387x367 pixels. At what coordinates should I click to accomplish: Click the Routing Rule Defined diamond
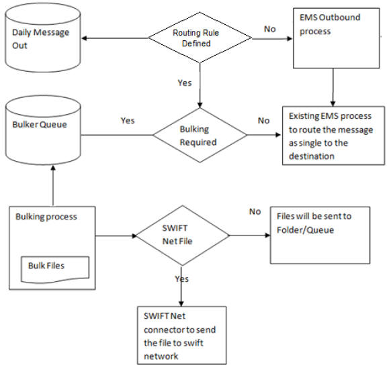click(200, 38)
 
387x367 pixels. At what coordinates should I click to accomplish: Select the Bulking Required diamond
click(200, 135)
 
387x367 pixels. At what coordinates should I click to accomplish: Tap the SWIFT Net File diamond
click(183, 235)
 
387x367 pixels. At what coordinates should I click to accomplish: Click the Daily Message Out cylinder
click(43, 38)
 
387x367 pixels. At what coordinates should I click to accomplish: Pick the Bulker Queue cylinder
click(43, 130)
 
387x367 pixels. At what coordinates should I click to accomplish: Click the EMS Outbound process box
click(336, 38)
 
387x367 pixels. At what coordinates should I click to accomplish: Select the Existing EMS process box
click(333, 136)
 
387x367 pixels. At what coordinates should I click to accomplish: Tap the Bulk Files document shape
click(55, 270)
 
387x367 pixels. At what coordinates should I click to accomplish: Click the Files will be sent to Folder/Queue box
click(320, 235)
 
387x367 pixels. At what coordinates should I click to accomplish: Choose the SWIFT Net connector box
click(182, 335)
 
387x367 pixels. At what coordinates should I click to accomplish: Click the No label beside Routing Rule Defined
click(270, 29)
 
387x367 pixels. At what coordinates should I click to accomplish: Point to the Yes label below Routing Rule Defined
click(185, 83)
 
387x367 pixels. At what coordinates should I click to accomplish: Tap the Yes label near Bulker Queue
click(128, 121)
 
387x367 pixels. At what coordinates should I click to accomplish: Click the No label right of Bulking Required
click(263, 121)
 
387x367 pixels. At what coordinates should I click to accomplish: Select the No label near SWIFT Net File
click(255, 211)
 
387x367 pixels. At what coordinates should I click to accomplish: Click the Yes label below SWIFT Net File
click(182, 278)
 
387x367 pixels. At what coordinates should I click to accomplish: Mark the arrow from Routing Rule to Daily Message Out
click(115, 38)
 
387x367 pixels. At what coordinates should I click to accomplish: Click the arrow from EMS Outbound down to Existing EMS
click(333, 87)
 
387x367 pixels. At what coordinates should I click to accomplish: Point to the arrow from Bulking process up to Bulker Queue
click(53, 186)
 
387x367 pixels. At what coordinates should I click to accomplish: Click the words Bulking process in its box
click(46, 217)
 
